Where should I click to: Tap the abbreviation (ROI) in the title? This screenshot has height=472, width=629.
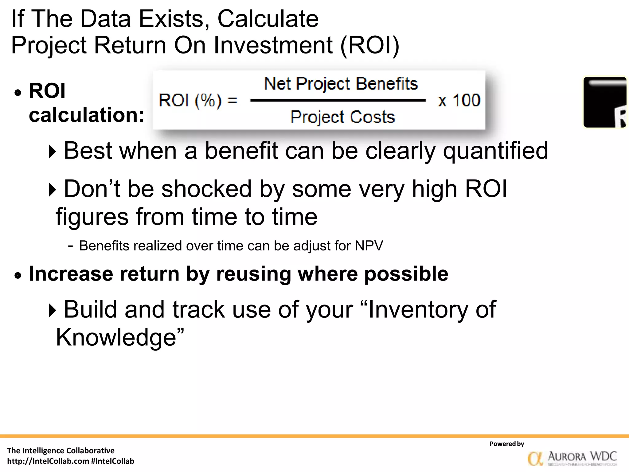370,45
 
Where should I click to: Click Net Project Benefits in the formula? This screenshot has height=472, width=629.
341,84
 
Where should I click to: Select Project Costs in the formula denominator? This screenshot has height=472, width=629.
342,117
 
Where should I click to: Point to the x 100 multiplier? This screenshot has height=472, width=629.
459,100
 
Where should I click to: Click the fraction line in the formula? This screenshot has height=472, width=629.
338,100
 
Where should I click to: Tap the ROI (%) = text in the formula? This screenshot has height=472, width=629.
198,100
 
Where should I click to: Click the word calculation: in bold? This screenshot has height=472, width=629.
86,115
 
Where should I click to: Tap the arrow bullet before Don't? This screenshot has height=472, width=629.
53,190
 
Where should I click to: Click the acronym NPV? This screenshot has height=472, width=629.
369,246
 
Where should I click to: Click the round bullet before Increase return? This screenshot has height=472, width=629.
18,275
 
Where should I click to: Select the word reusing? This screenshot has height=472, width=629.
254,273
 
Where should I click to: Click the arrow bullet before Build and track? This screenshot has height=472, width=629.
53,310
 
